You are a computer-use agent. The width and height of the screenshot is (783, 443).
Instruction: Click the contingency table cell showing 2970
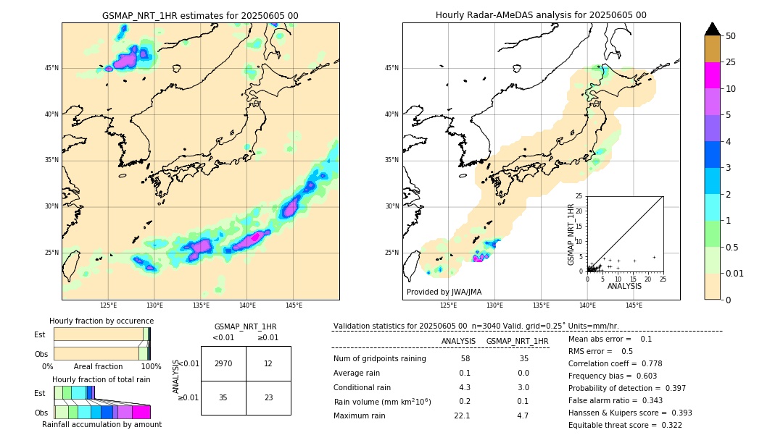(x=223, y=363)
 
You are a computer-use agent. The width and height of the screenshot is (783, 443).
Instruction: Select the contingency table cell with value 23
(x=268, y=397)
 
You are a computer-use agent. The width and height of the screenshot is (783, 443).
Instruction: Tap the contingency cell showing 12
(x=268, y=363)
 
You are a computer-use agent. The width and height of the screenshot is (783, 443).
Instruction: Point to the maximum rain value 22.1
(x=462, y=415)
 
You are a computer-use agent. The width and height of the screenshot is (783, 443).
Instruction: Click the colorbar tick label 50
(x=731, y=36)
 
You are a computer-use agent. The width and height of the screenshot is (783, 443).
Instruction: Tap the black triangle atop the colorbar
(x=713, y=29)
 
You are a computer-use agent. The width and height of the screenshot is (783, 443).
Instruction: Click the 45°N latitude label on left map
(x=51, y=68)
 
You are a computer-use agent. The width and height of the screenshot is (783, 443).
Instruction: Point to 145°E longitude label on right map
(x=634, y=305)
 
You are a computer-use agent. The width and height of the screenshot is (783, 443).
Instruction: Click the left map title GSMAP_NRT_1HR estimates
(x=200, y=15)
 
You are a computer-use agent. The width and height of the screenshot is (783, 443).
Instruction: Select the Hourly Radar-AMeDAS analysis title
(x=541, y=15)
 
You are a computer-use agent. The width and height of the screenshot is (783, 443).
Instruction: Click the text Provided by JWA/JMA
(x=444, y=292)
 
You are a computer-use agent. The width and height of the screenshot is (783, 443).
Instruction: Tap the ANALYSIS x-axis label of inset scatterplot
(x=624, y=286)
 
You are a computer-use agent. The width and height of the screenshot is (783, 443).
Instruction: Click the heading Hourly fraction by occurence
(x=101, y=321)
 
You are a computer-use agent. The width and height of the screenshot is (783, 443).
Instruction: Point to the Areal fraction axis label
(x=98, y=366)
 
